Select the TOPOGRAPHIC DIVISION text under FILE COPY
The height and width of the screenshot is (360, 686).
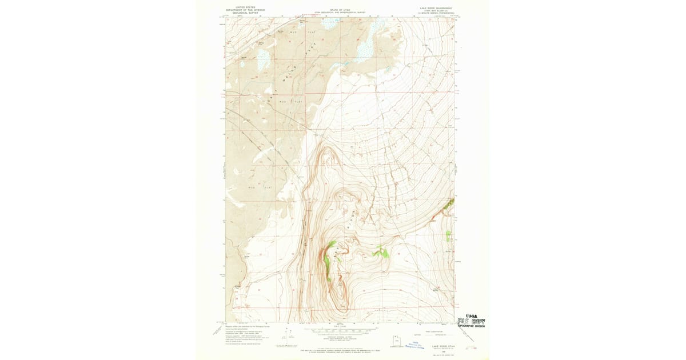pyautogui.click(x=471, y=327)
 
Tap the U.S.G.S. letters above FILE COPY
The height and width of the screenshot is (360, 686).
pyautogui.click(x=472, y=315)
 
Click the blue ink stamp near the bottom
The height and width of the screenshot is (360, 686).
pyautogui.click(x=412, y=346)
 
